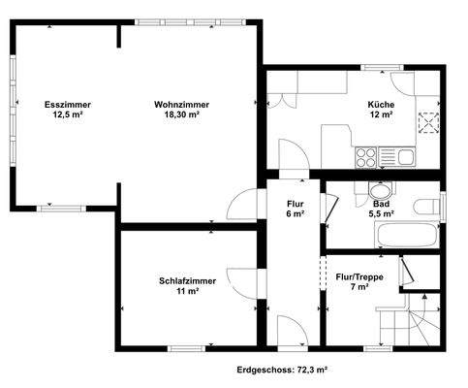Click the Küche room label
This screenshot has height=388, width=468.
(381, 104)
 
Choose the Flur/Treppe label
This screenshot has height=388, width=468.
(359, 275)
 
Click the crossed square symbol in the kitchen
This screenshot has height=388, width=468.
(428, 120)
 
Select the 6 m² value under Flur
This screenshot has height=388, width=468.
(296, 213)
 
